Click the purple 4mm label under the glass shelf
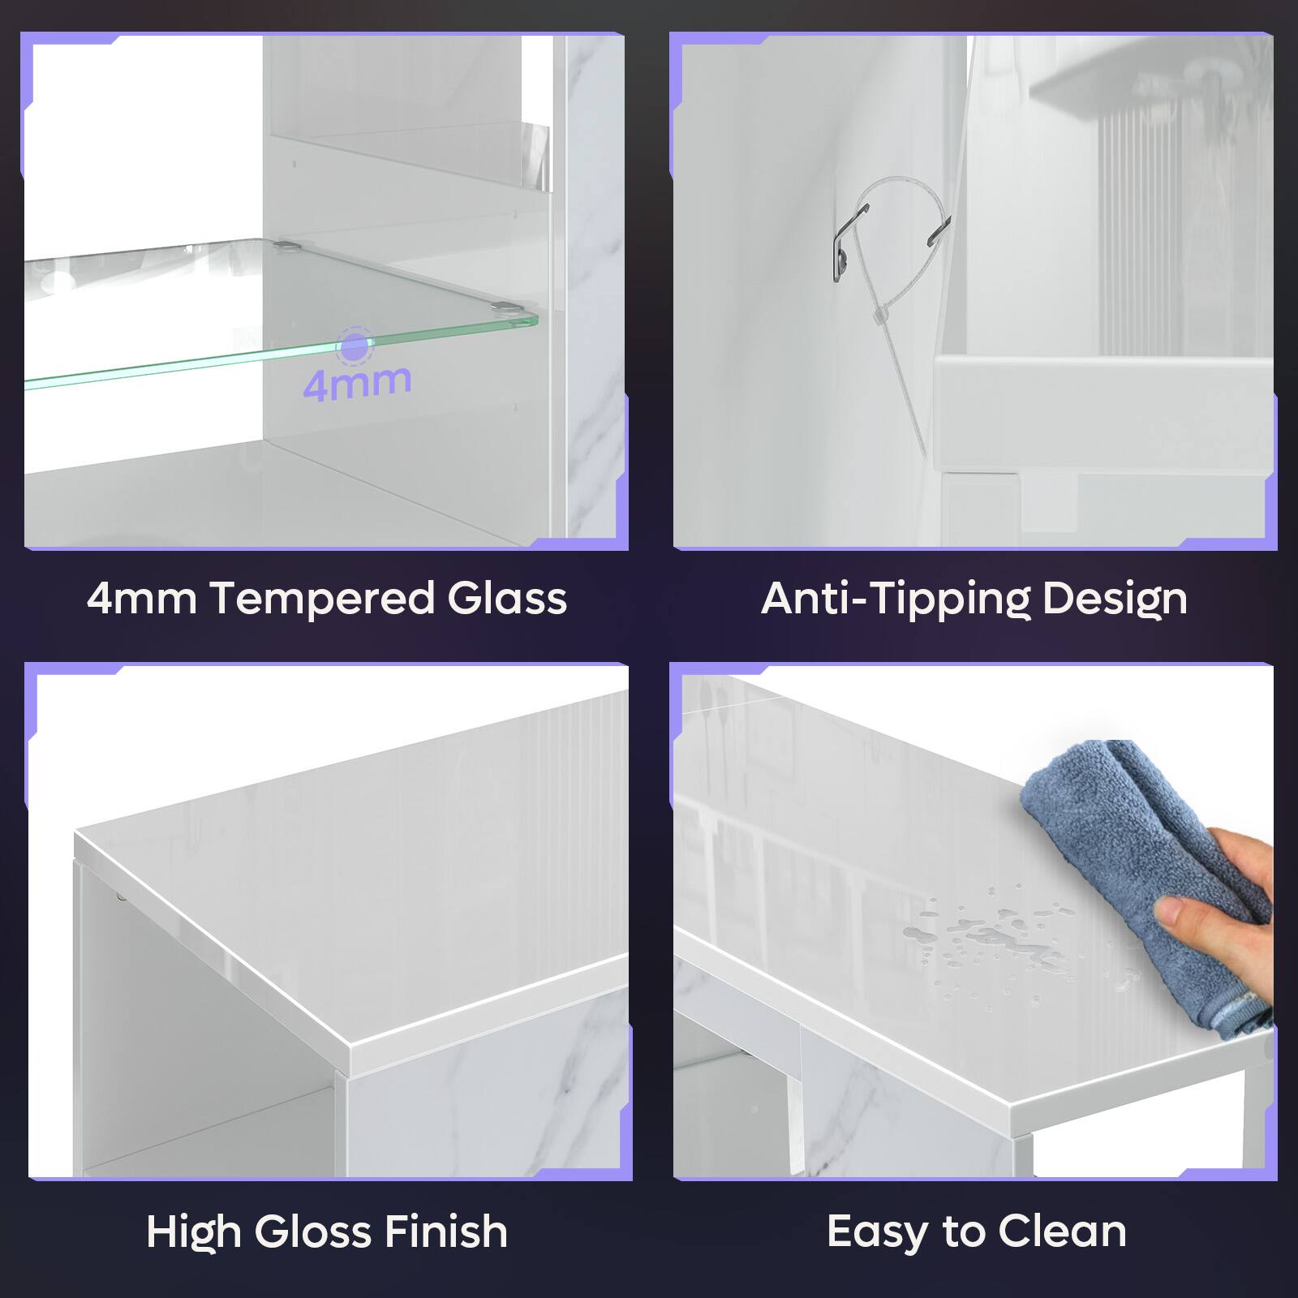357,383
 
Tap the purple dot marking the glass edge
355,346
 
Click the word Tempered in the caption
322,600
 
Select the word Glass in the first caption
507,599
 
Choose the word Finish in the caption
445,1231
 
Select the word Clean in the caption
1063,1231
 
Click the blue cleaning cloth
1136,852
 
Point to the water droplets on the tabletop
990,933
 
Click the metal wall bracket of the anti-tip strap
845,243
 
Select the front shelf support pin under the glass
506,308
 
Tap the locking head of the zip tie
879,316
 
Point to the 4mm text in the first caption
141,600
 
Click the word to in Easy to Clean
963,1231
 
